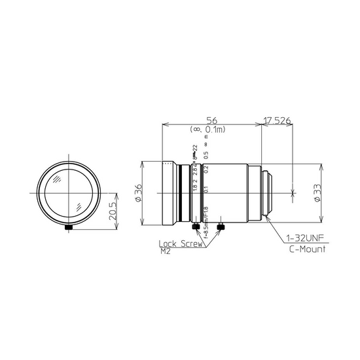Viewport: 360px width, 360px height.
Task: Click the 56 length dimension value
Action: coord(211,120)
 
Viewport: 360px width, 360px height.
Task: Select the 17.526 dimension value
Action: coord(278,120)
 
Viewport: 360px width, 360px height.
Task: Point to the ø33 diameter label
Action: coord(317,194)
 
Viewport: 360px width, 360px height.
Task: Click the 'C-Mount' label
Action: coord(306,249)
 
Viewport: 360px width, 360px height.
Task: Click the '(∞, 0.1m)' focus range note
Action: coord(211,130)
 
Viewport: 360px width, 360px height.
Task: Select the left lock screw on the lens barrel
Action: coord(196,227)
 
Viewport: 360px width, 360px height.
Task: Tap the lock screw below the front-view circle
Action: coord(69,226)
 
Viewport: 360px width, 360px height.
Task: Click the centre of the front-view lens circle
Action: coord(69,194)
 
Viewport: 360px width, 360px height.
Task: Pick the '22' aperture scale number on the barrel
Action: coord(194,149)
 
